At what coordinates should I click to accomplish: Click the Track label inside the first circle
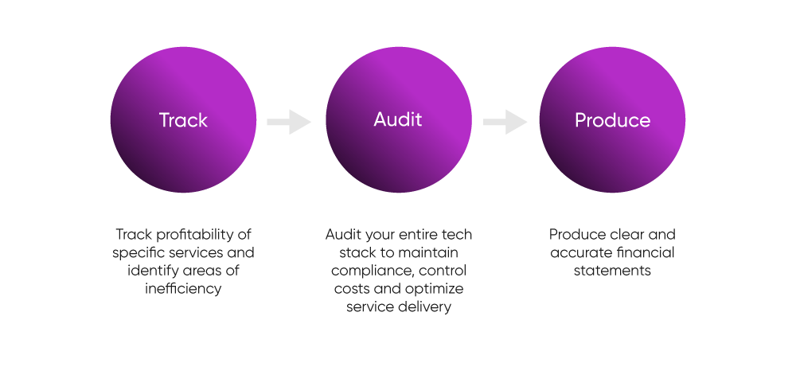183,121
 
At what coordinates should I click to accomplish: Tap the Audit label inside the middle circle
398,120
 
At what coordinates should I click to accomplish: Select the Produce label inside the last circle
612,121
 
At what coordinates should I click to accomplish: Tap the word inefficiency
182,288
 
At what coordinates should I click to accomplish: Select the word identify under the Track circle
152,271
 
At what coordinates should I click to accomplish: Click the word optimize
435,288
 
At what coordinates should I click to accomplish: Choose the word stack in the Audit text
346,253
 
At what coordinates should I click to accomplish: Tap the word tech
457,236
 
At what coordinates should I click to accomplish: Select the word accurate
581,253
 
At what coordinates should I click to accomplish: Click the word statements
612,271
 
